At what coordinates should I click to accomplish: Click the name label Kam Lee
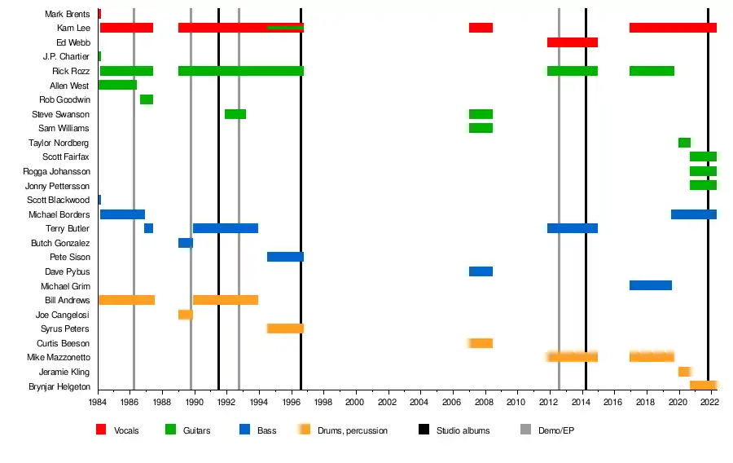coord(73,28)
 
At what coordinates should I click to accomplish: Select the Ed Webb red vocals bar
coord(572,42)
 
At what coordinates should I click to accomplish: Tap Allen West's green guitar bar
coord(117,85)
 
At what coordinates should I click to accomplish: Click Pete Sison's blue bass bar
coord(285,257)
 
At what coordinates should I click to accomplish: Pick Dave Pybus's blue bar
coord(481,271)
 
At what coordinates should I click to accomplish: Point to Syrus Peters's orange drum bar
coord(285,329)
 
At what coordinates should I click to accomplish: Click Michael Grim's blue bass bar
coord(650,285)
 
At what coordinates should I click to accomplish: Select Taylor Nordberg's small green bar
coord(684,143)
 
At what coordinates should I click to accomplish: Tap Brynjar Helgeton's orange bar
coord(703,386)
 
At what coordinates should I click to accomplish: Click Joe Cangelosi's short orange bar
coord(186,315)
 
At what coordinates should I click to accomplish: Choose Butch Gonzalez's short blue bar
coord(186,243)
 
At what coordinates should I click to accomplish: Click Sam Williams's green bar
coord(481,128)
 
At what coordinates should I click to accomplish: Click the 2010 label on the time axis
coord(516,402)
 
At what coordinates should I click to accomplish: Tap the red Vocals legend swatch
coord(101,430)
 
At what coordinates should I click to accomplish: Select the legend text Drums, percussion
coord(353,430)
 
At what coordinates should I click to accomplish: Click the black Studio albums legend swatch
coord(424,430)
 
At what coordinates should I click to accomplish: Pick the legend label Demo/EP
coord(557,430)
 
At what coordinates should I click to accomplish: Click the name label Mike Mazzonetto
coord(58,358)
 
